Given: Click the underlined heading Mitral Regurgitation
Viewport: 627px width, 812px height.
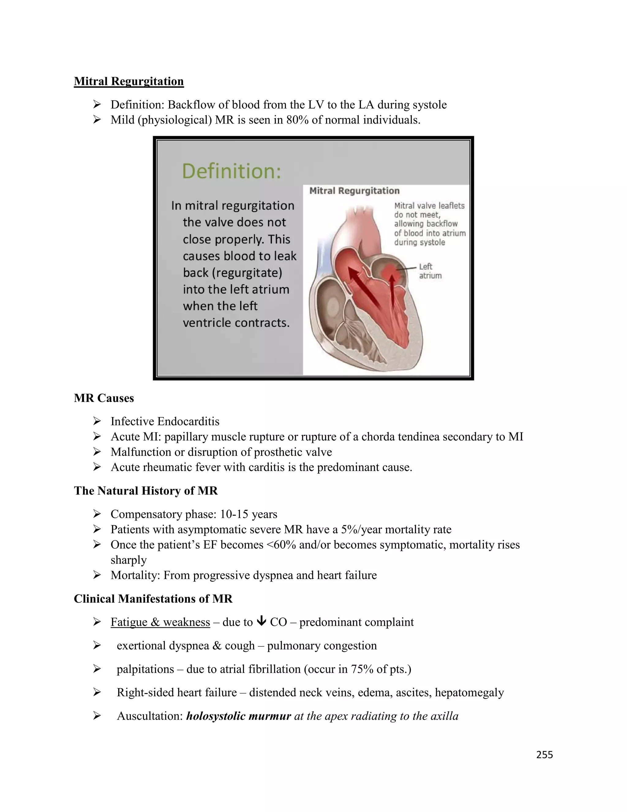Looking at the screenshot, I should (x=129, y=81).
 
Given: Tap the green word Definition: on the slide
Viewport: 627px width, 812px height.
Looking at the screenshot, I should (x=231, y=171).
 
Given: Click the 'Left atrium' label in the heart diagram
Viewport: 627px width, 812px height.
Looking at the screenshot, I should (x=430, y=271).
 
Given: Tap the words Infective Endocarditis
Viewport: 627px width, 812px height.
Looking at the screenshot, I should (x=165, y=421).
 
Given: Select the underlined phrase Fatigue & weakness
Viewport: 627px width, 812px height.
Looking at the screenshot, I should (x=160, y=622).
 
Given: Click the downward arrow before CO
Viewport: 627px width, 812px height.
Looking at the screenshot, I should (x=261, y=621).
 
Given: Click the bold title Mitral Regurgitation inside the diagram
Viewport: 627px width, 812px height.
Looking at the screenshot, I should (x=354, y=191).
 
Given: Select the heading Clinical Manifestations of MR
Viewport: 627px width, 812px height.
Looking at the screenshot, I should (x=153, y=599).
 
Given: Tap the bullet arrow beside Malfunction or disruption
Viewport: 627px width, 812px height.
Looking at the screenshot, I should (x=97, y=452).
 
